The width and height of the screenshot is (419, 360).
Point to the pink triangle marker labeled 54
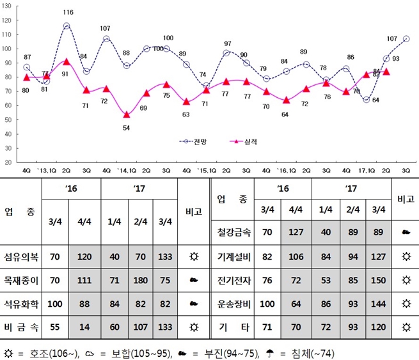click(127, 115)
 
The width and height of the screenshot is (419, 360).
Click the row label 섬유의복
click(21, 256)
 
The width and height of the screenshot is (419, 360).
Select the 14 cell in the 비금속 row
click(84, 327)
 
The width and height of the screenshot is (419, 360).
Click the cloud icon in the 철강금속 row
click(405, 233)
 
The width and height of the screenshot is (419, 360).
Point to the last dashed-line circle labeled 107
click(406, 39)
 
